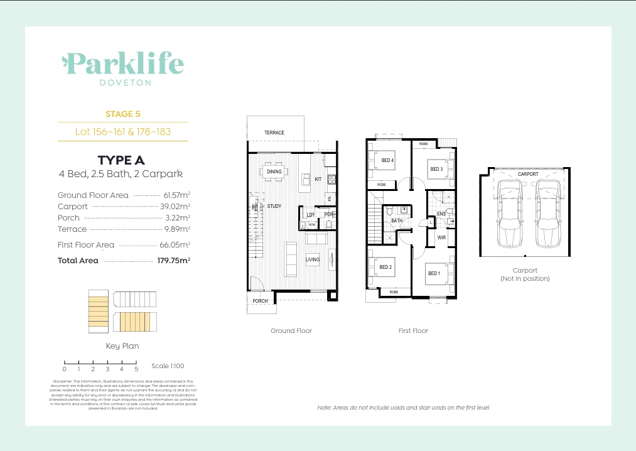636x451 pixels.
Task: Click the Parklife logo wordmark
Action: coord(123,63)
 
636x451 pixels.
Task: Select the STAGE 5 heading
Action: coord(123,114)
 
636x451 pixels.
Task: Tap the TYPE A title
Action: coord(122,161)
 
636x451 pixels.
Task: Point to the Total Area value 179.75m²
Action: coord(173,260)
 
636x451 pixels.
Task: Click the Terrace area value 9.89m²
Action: coord(177,229)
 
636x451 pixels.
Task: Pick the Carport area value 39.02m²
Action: coord(175,207)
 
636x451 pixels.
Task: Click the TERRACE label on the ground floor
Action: coord(274,133)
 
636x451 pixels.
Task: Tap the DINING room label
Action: coord(274,171)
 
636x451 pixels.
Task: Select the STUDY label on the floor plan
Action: coord(274,206)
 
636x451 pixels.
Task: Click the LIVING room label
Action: coord(313,259)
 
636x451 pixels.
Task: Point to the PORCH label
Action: coord(260,301)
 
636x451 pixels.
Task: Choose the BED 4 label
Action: coord(387,160)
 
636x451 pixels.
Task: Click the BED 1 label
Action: coord(434,273)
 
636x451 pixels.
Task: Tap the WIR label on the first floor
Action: coord(441,237)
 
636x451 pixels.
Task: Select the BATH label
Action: coord(397,221)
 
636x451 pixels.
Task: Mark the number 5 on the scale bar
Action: coord(136,369)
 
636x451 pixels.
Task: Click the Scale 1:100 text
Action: coord(168,366)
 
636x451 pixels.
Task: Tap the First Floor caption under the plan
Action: coord(413,330)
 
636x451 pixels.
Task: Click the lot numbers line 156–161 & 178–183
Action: coord(123,132)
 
